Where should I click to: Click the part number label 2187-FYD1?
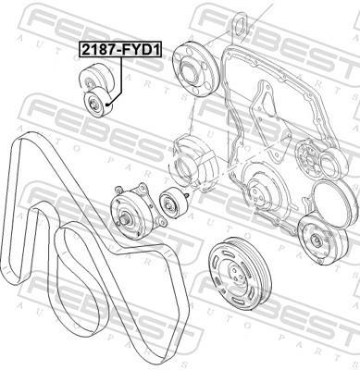click(121, 50)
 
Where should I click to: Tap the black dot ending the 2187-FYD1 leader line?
click(107, 105)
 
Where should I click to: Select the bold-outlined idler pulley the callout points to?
click(98, 103)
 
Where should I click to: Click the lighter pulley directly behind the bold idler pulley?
click(96, 79)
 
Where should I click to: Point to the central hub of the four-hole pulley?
click(189, 71)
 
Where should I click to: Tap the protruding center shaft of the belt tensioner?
click(126, 219)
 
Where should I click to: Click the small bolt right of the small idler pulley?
click(187, 196)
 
